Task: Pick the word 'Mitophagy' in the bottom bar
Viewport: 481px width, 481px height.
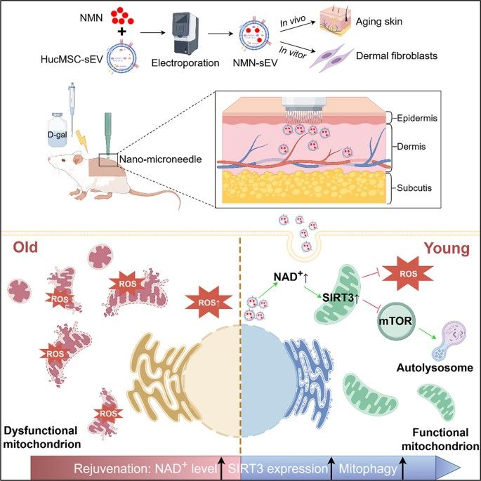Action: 366,466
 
